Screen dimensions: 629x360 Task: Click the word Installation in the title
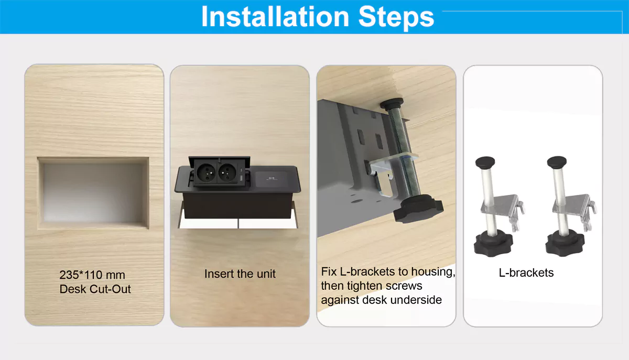point(275,17)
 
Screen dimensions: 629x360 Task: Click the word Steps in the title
point(396,18)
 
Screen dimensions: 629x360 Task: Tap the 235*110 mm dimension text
point(92,275)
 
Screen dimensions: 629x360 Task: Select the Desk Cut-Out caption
point(95,289)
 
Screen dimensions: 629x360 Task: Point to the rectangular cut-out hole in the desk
point(93,193)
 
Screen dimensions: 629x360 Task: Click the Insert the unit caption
point(240,274)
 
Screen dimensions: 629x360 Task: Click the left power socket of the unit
point(206,173)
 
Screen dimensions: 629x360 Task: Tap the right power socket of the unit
point(227,173)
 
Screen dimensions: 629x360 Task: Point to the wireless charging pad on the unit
point(272,179)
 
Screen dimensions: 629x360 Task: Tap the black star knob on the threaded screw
point(418,208)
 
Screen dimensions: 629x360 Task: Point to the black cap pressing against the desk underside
point(392,104)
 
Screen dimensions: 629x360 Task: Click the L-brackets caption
point(526,272)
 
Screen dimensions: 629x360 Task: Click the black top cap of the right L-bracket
point(557,161)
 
